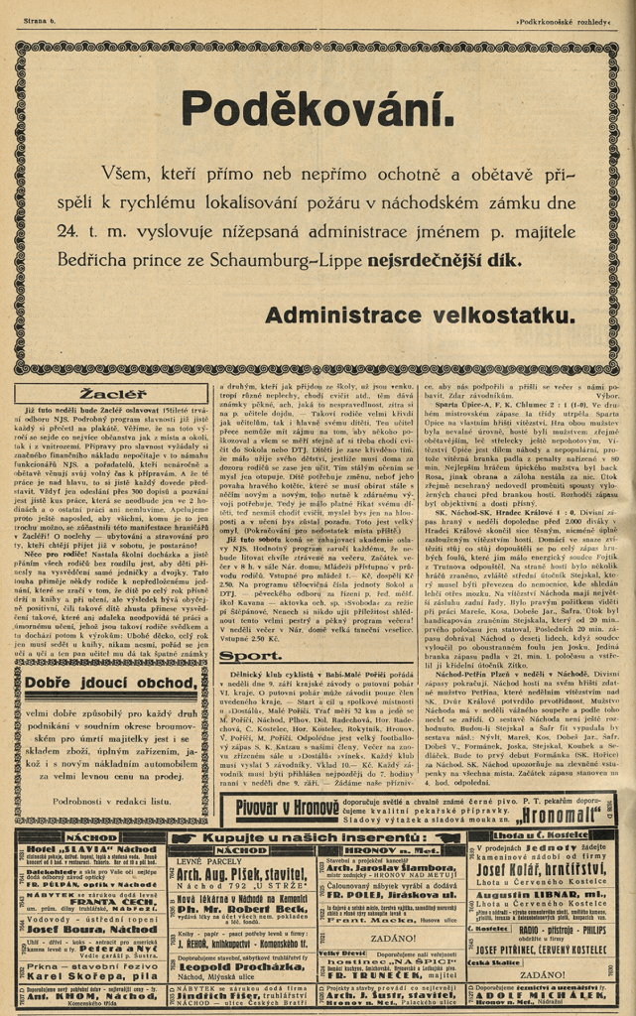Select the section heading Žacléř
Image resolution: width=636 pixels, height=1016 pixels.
(113, 394)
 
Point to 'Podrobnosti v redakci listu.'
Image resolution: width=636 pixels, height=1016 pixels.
(113, 799)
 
